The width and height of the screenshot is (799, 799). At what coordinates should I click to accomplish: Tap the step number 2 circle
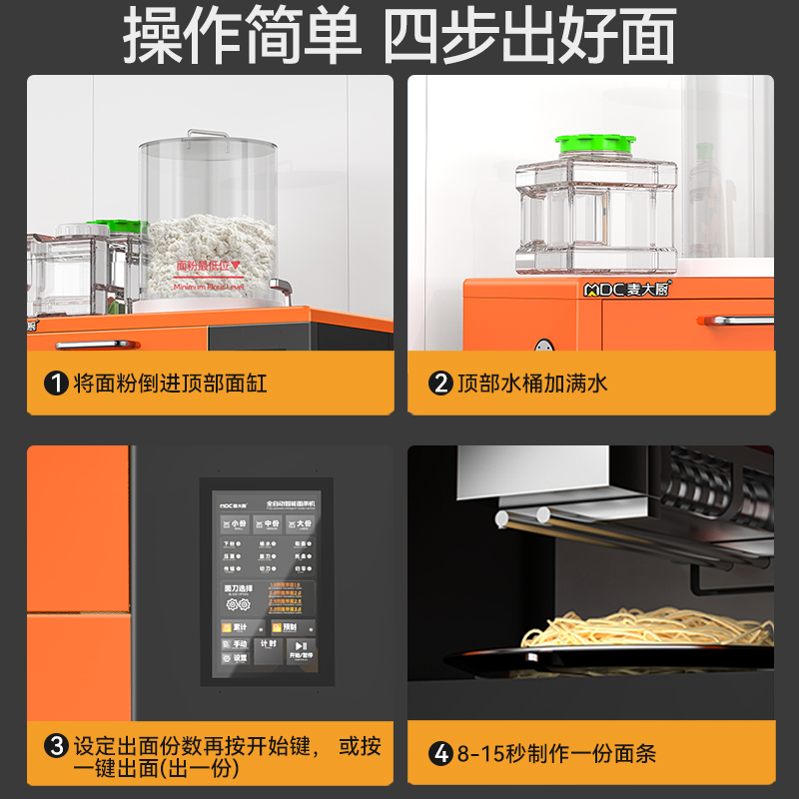[440, 383]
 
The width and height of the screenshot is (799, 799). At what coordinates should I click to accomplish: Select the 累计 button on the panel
[236, 627]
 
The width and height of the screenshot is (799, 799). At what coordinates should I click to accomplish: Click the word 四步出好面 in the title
[530, 38]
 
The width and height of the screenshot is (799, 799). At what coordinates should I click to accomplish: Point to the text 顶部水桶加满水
[532, 383]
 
